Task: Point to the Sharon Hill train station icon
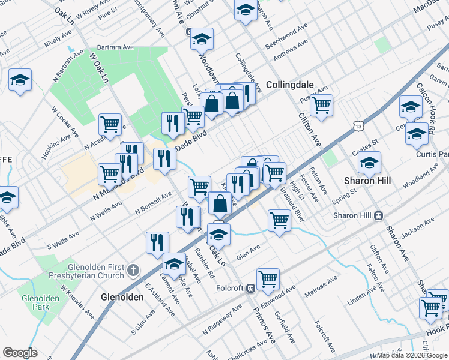(x=379, y=215)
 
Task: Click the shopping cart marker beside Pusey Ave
(x=322, y=106)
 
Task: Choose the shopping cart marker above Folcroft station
(x=267, y=278)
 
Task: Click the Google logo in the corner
(x=20, y=353)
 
